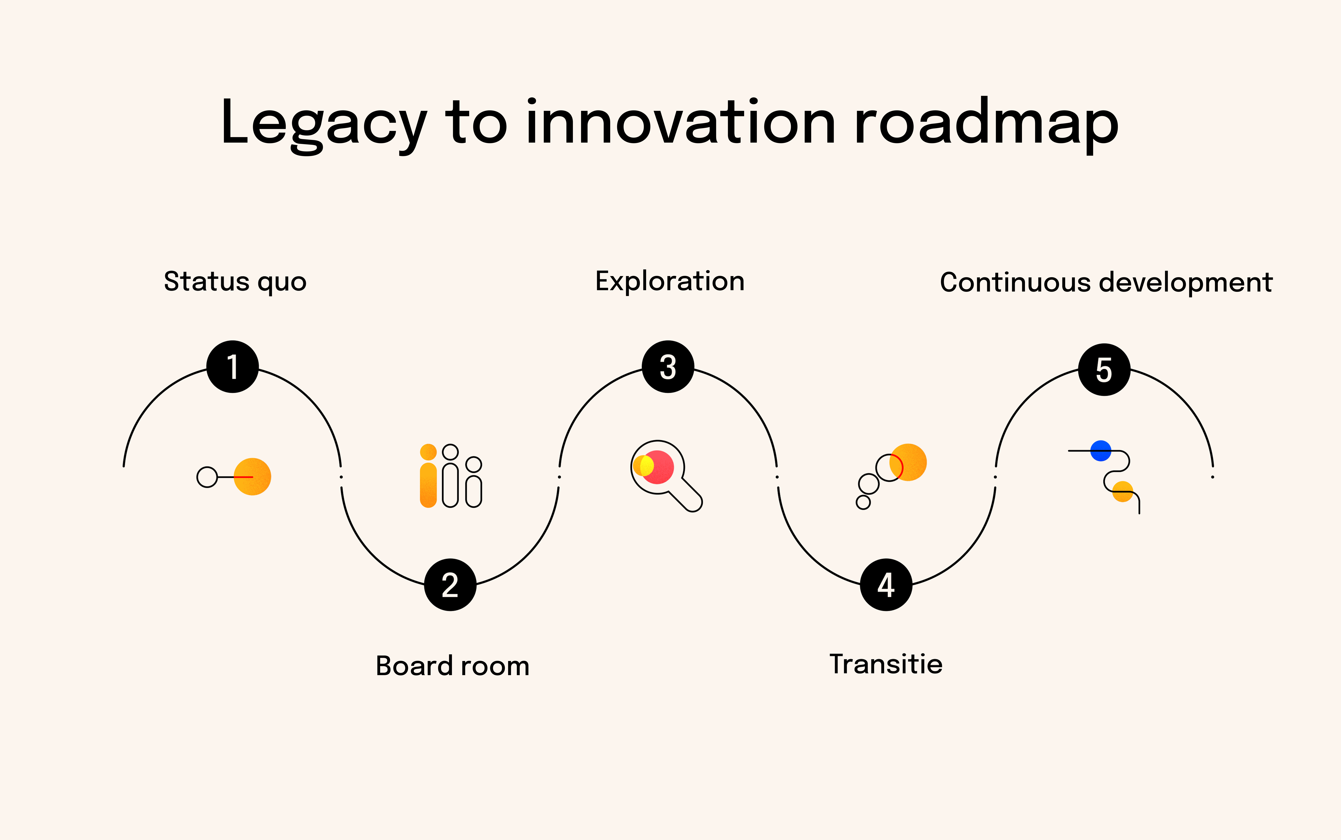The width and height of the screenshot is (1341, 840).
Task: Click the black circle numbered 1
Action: (x=232, y=367)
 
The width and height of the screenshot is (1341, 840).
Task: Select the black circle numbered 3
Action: (x=668, y=367)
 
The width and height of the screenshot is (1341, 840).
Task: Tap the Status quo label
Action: (x=235, y=282)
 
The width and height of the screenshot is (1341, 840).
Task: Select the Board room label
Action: (x=452, y=665)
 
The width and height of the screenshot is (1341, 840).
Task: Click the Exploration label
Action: (x=670, y=281)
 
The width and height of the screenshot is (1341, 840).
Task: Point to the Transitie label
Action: (x=886, y=664)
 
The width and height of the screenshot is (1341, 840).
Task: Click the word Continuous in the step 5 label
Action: (x=1015, y=282)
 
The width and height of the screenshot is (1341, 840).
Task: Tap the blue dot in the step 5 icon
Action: (x=1100, y=451)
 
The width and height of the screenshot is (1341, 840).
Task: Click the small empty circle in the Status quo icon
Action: (x=207, y=477)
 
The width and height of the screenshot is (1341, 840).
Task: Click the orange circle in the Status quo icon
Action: (x=253, y=477)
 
